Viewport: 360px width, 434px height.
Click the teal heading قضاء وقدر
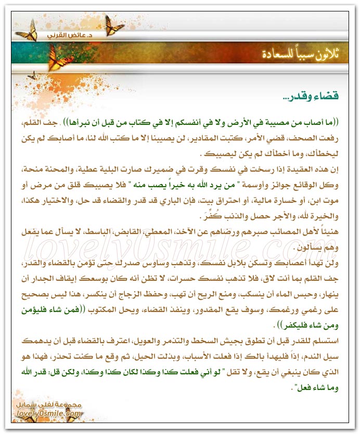311,97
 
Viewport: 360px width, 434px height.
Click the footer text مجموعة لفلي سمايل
55,404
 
